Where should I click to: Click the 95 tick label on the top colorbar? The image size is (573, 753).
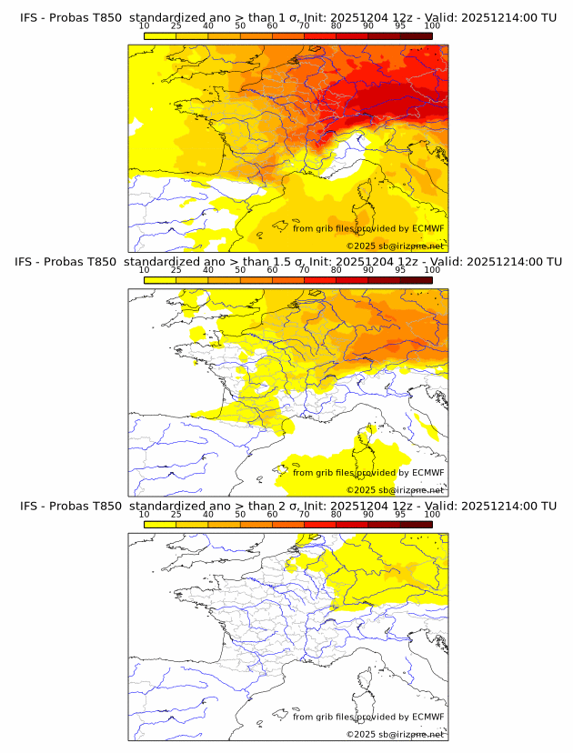400,26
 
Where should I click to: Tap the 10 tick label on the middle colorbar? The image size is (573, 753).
144,270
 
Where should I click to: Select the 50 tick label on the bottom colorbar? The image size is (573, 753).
240,514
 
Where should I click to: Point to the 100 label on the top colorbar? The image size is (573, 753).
432,26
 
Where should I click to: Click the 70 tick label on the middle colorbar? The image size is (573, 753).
304,270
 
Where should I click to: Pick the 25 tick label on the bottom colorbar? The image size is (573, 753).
176,514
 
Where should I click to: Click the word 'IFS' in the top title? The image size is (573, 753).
30,17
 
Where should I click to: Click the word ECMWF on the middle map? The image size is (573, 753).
428,472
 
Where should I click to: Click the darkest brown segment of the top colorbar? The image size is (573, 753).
416,35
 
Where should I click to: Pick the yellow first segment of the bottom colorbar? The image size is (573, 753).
159,523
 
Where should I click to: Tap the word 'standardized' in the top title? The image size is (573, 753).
167,17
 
